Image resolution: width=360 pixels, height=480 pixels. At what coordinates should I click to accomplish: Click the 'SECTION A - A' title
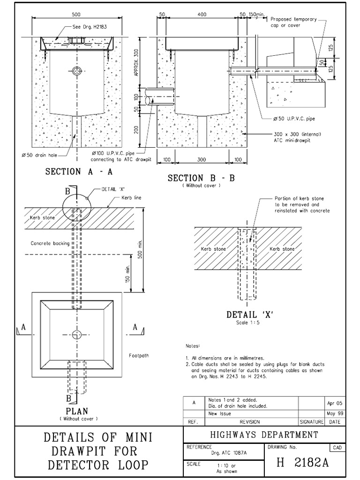pyautogui.click(x=79, y=172)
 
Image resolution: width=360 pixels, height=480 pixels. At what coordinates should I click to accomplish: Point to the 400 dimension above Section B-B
pyautogui.click(x=202, y=15)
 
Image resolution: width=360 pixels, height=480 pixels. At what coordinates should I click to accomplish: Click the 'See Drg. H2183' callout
pyautogui.click(x=90, y=27)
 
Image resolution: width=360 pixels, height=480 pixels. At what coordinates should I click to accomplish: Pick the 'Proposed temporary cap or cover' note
pyautogui.click(x=293, y=22)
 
